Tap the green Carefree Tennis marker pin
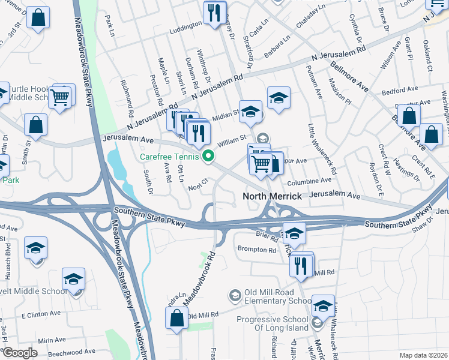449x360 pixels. tap(209, 157)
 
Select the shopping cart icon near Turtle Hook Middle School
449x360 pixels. tap(60, 97)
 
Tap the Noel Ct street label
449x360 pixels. tap(197, 182)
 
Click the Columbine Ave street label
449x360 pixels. tap(309, 180)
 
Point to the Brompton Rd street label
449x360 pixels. tap(256, 249)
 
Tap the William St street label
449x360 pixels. tap(232, 142)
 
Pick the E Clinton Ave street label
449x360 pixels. tap(41, 314)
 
